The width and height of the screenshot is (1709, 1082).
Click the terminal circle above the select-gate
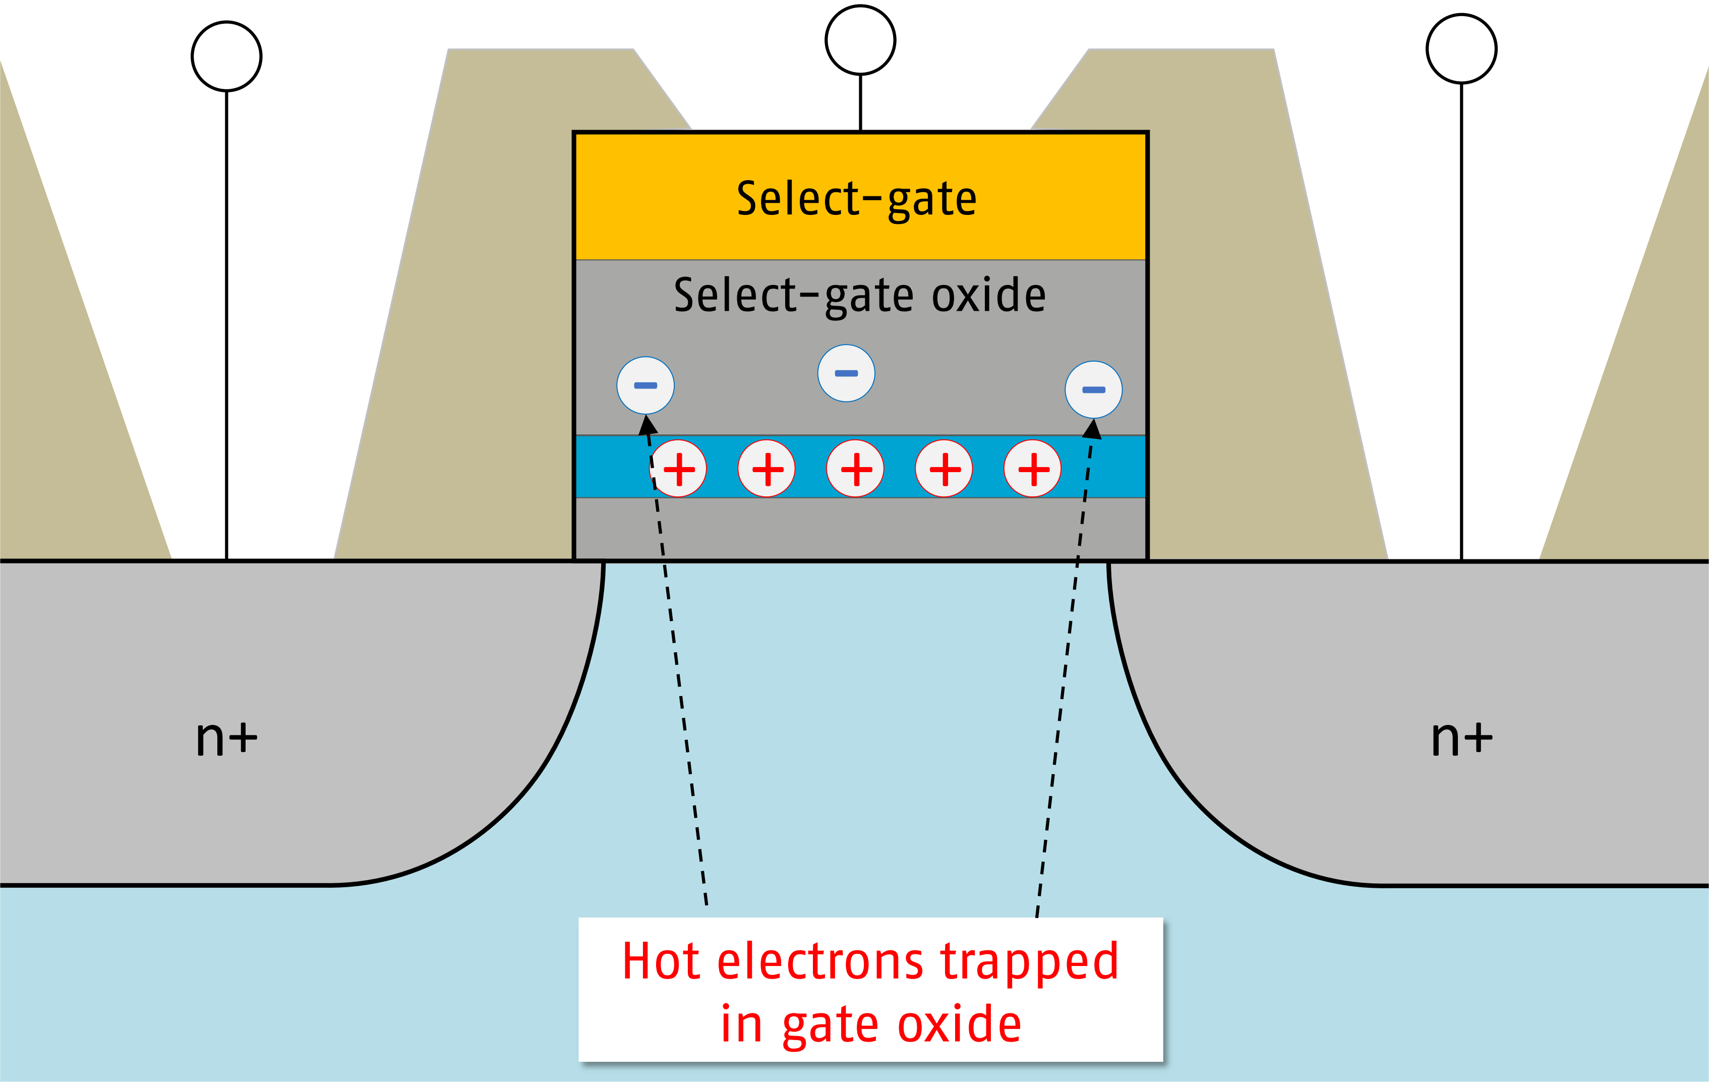(x=860, y=40)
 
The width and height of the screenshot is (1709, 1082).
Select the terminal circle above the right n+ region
(x=1461, y=49)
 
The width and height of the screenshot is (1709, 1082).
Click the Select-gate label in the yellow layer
(x=857, y=199)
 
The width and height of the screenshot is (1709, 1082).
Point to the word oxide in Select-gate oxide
(x=988, y=296)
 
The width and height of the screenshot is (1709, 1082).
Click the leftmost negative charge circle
(x=645, y=385)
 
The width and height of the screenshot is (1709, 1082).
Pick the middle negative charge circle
(x=846, y=373)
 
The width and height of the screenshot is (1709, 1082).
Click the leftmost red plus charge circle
(x=678, y=469)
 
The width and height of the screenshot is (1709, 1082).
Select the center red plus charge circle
(x=855, y=469)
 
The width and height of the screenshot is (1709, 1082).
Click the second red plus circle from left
(x=767, y=469)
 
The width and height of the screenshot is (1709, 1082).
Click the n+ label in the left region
(x=226, y=738)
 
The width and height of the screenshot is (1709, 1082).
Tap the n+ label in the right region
(x=1461, y=738)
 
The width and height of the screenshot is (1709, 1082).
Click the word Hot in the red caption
(x=662, y=961)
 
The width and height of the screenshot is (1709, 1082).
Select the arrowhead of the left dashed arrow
(x=648, y=425)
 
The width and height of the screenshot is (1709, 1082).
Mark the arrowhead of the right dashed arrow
(x=1093, y=429)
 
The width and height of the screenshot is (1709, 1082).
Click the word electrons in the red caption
(x=820, y=961)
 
